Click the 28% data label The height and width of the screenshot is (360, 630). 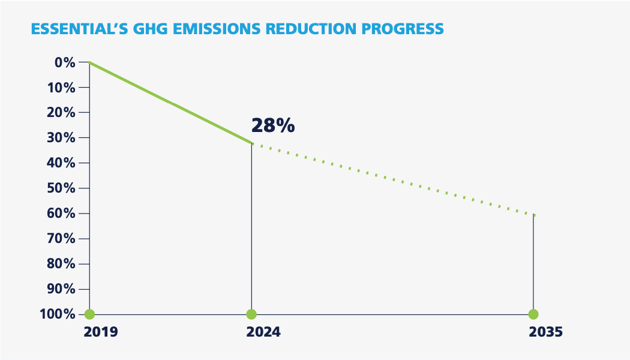click(272, 125)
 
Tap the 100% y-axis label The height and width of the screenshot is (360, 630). click(58, 314)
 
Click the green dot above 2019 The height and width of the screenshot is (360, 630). click(89, 314)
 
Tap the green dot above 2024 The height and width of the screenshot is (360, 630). click(251, 314)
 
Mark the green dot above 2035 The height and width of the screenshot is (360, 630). click(533, 314)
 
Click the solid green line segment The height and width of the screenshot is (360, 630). click(170, 103)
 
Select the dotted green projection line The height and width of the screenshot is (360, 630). click(393, 179)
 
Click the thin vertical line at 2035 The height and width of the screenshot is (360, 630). click(533, 264)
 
